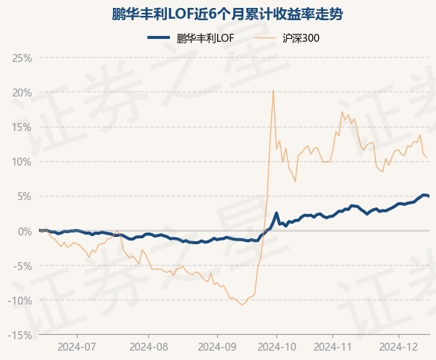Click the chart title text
[x=218, y=14]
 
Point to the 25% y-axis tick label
[x=22, y=58]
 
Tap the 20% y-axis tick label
[x=22, y=92]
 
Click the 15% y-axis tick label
[x=22, y=127]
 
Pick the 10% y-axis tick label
[x=22, y=161]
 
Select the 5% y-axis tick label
[x=24, y=196]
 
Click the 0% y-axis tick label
[x=24, y=231]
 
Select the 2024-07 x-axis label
[x=77, y=346]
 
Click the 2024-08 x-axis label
[x=149, y=346]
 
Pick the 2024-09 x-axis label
[x=217, y=346]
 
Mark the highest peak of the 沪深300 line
[x=273, y=90]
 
